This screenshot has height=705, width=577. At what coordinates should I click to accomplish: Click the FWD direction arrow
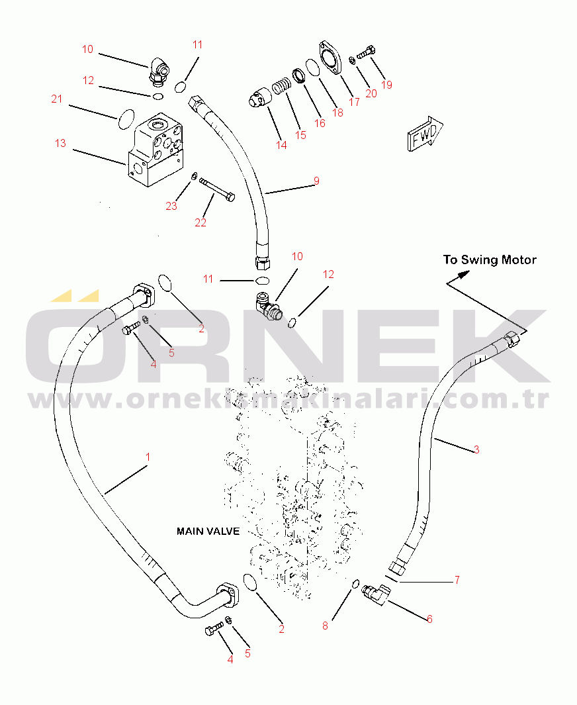[x=425, y=134]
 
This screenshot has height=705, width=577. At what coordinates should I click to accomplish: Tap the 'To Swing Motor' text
[x=490, y=260]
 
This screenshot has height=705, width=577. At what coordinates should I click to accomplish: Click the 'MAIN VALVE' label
[x=208, y=532]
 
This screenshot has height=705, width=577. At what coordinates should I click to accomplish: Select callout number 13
[x=60, y=143]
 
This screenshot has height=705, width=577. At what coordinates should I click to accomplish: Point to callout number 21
[x=57, y=99]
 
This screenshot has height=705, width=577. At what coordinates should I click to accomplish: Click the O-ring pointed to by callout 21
[x=126, y=118]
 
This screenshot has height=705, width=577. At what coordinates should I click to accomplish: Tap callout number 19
[x=386, y=85]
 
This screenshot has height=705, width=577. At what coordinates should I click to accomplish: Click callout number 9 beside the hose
[x=316, y=181]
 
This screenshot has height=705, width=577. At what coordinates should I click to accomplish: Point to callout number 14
[x=281, y=145]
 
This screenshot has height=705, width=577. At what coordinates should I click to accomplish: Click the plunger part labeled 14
[x=260, y=98]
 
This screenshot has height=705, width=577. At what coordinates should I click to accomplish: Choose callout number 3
[x=476, y=449]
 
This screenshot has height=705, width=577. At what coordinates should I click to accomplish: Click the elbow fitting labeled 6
[x=376, y=594]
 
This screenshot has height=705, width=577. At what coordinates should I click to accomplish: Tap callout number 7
[x=457, y=580]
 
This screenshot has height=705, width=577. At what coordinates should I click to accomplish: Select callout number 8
[x=325, y=626]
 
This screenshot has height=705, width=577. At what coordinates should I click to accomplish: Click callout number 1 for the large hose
[x=148, y=457]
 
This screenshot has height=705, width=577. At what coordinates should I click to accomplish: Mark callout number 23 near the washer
[x=171, y=206]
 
